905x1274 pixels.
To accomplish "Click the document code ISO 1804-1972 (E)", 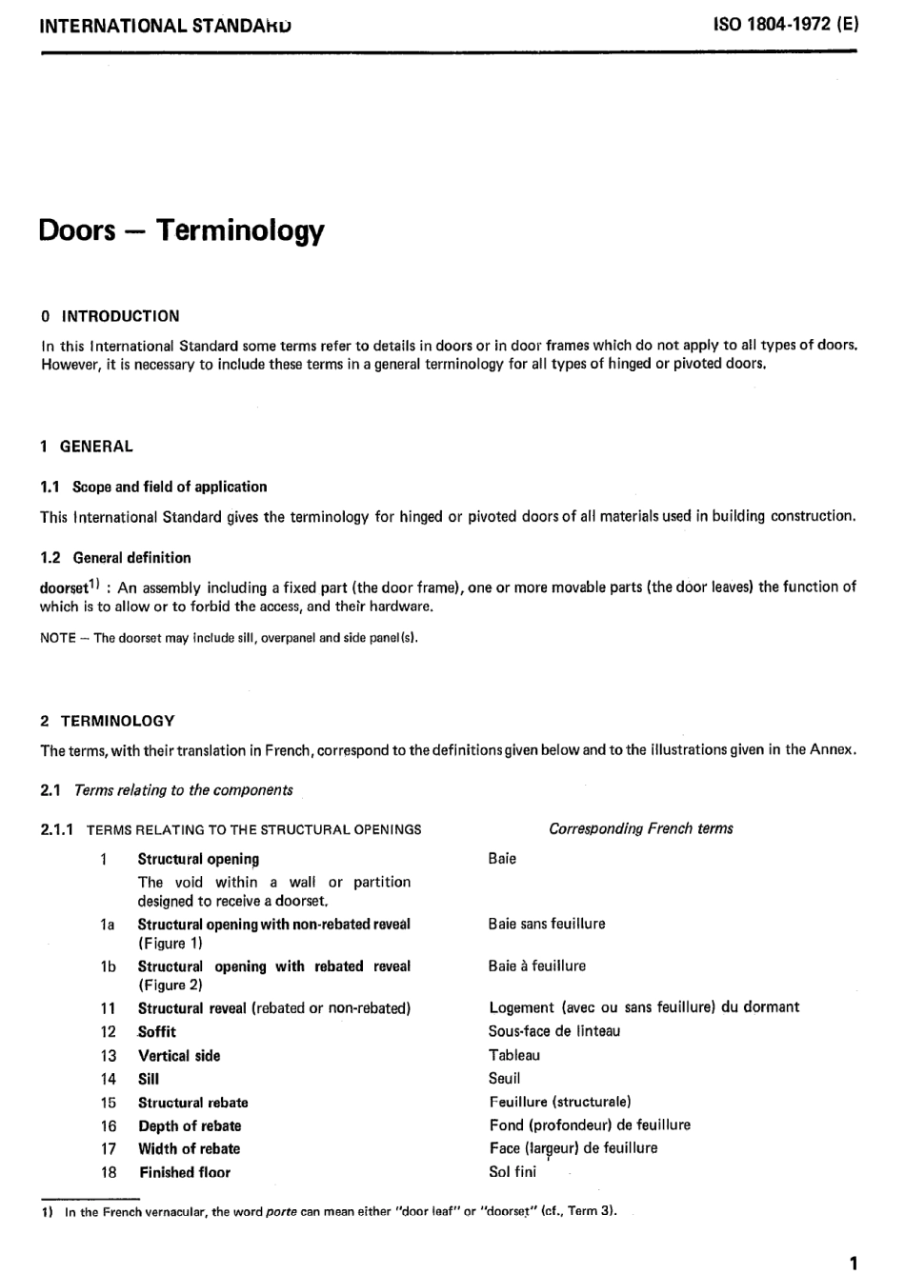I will coord(785,25).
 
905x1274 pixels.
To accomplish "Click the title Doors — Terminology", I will coord(181,230).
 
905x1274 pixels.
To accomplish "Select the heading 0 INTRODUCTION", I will coord(110,316).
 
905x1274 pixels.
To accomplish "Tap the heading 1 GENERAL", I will coord(87,447).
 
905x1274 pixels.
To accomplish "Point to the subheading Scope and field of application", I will coord(170,487).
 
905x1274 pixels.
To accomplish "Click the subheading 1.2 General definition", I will coord(115,558).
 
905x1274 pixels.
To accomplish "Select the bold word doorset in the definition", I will coord(64,588).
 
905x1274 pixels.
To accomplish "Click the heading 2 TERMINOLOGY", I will coord(108,721).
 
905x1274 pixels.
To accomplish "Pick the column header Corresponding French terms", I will coord(640,828).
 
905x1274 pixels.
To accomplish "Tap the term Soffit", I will coord(157,1031).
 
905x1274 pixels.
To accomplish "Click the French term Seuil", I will coord(505,1079).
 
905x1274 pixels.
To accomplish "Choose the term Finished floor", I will coord(185,1172).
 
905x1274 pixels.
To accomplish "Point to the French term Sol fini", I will coord(513,1172).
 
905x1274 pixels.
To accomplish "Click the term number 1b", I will coord(108,966).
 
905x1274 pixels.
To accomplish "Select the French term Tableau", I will coord(514,1055).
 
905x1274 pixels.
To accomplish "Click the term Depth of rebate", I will coord(190,1125).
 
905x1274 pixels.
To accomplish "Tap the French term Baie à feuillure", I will coord(537,965).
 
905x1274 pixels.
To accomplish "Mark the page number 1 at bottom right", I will coord(853,1263).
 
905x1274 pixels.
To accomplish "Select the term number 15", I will coord(108,1103).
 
